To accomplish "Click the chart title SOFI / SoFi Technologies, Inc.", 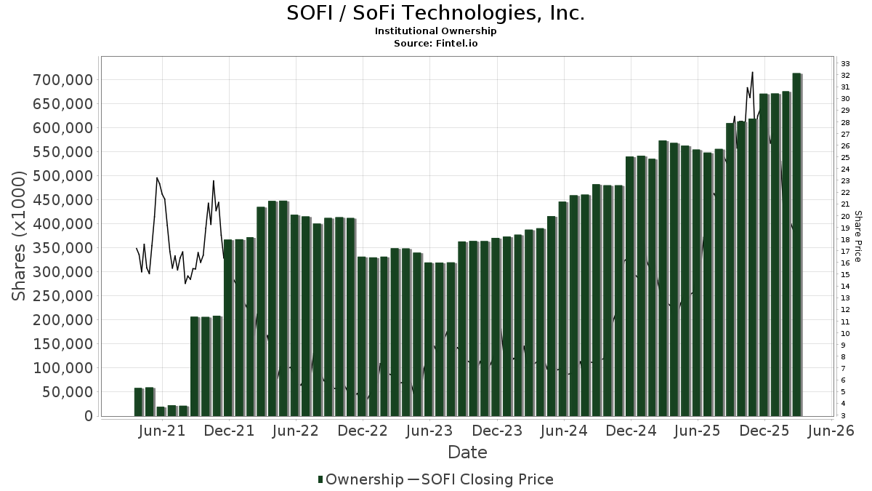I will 435,14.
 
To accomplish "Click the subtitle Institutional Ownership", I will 435,31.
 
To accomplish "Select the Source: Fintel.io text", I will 435,44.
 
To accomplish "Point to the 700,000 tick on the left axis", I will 62,79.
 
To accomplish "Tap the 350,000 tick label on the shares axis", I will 62,248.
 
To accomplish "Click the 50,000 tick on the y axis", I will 66,392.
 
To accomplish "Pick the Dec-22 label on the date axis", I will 363,431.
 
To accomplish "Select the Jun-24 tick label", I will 564,431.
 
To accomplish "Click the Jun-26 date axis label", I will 832,431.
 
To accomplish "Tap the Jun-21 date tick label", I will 161,431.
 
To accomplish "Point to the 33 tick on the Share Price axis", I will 845,64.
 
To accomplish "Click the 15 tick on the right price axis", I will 845,275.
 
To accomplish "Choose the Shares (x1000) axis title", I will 20,236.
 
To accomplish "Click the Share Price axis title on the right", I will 858,236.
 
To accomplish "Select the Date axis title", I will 467,452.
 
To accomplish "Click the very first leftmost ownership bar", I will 138,402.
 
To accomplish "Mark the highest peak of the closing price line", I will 752,72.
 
